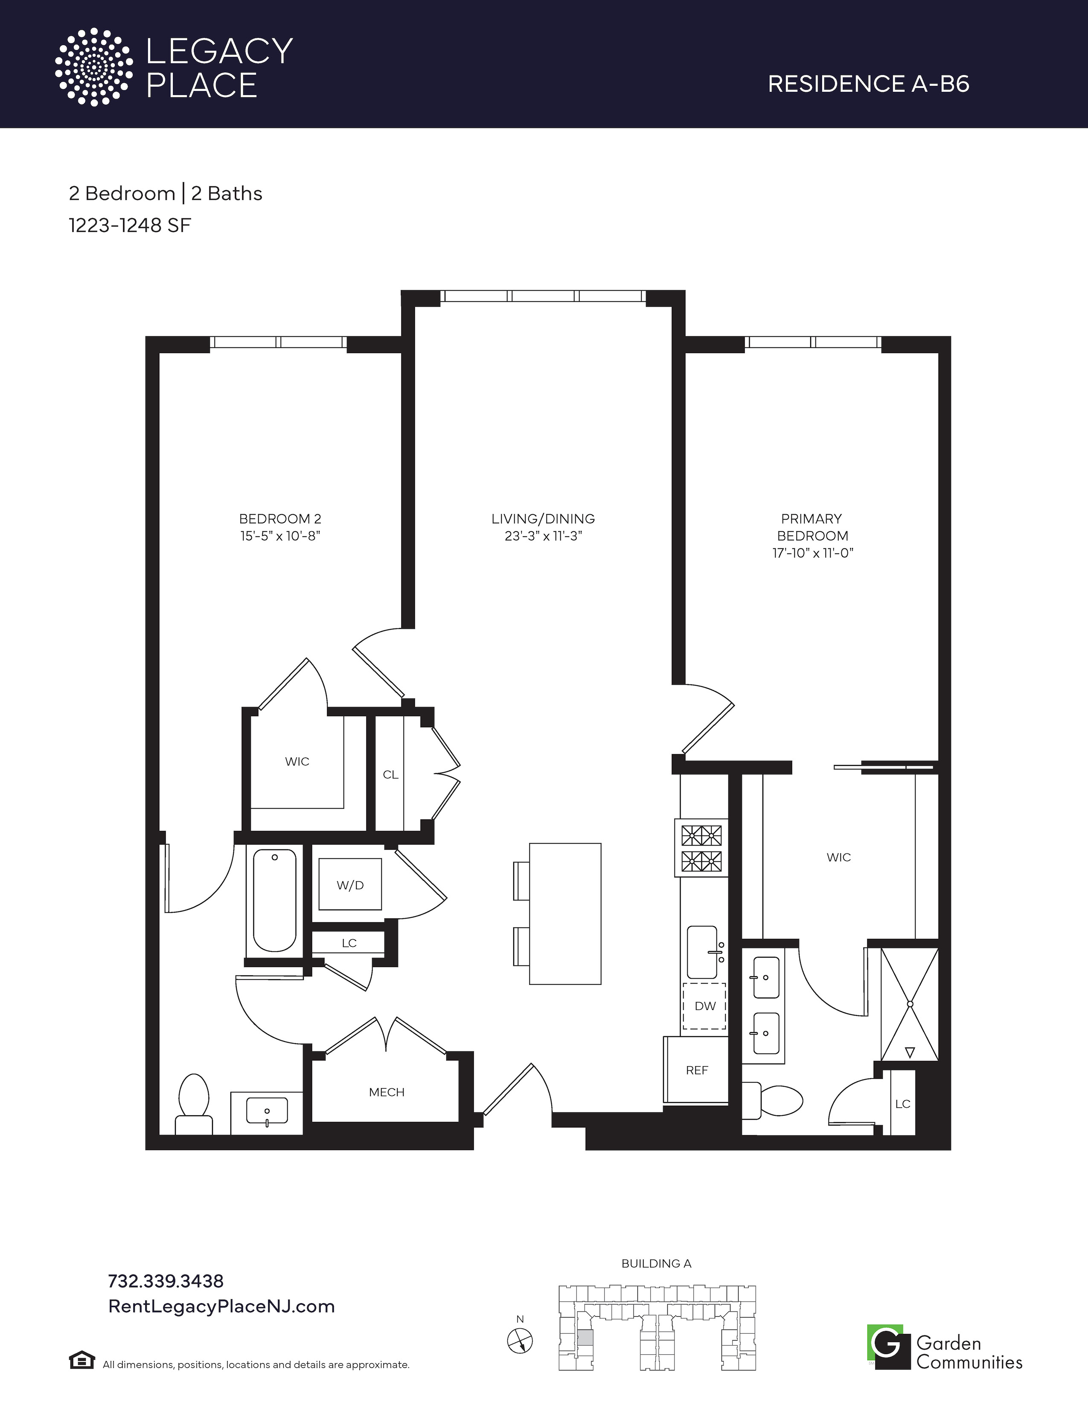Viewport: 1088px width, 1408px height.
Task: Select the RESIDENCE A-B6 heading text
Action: (x=868, y=84)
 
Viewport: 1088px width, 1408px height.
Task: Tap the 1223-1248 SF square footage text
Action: (x=130, y=226)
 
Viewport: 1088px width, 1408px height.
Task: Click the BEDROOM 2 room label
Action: (x=280, y=518)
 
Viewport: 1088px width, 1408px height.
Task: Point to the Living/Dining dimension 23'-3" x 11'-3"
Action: (x=543, y=536)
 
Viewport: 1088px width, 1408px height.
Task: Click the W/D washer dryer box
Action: (x=350, y=884)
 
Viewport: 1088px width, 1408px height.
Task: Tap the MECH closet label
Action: (x=387, y=1092)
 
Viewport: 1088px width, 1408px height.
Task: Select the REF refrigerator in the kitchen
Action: (x=696, y=1070)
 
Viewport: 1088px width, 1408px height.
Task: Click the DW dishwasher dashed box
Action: (x=704, y=1006)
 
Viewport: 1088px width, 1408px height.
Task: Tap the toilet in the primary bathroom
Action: (x=772, y=1100)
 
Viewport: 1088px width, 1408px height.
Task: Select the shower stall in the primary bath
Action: (x=910, y=1004)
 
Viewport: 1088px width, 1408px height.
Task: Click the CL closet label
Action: (x=390, y=774)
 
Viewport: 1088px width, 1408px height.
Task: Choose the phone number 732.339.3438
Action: (x=166, y=1280)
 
